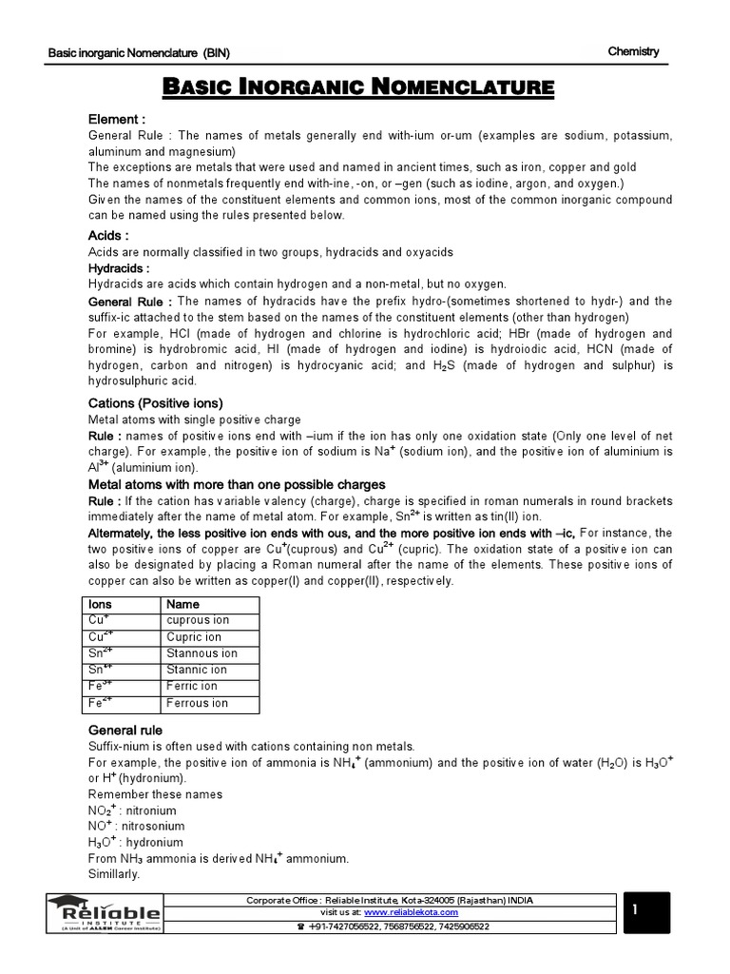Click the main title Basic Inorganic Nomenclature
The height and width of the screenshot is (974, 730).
[x=359, y=89]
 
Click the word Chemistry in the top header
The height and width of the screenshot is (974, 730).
[x=633, y=52]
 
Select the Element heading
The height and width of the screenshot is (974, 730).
[x=117, y=120]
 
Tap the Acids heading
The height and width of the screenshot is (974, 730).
[x=108, y=235]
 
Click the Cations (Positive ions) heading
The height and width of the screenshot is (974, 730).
[x=155, y=402]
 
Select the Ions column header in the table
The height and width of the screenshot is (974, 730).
[x=100, y=604]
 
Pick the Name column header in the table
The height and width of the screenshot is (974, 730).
[x=182, y=604]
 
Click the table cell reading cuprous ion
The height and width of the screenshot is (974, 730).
[x=198, y=620]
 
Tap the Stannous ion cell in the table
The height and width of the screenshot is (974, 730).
[x=202, y=653]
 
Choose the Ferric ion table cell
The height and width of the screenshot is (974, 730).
[x=192, y=686]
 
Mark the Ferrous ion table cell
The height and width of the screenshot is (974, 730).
[x=197, y=703]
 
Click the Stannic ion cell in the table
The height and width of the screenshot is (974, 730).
[x=197, y=670]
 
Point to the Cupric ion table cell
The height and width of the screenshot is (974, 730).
[x=194, y=637]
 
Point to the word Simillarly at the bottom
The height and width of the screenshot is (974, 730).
[x=114, y=874]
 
